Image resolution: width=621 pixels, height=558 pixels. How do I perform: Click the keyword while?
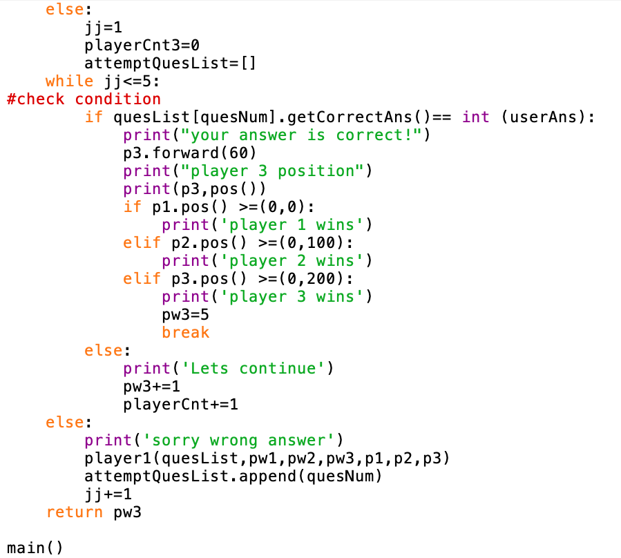point(69,81)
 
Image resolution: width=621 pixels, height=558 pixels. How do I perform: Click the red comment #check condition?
point(84,99)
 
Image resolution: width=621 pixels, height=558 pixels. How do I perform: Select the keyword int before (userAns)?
point(476,117)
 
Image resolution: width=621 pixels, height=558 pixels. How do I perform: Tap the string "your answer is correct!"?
point(302,135)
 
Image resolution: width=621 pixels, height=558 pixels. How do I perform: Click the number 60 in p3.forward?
point(239,153)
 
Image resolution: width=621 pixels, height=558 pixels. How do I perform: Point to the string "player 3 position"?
point(273,171)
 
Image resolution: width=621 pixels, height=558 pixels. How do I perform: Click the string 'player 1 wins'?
point(292,225)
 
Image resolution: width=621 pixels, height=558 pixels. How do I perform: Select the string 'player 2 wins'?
point(292,260)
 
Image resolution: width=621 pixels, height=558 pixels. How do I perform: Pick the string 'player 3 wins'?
point(292,297)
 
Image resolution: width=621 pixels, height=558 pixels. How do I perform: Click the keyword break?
point(186,333)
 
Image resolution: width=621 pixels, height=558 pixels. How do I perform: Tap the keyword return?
point(75,512)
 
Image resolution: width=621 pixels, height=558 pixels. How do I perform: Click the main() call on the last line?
point(35,548)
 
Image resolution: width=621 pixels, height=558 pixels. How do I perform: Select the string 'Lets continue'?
point(254,368)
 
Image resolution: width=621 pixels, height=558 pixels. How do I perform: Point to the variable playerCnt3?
point(132,45)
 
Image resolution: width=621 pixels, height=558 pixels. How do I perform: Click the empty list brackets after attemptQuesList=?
point(248,64)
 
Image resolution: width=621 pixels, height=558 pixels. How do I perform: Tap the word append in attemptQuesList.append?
point(267,477)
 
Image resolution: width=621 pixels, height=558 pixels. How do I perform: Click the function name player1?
point(118,458)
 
